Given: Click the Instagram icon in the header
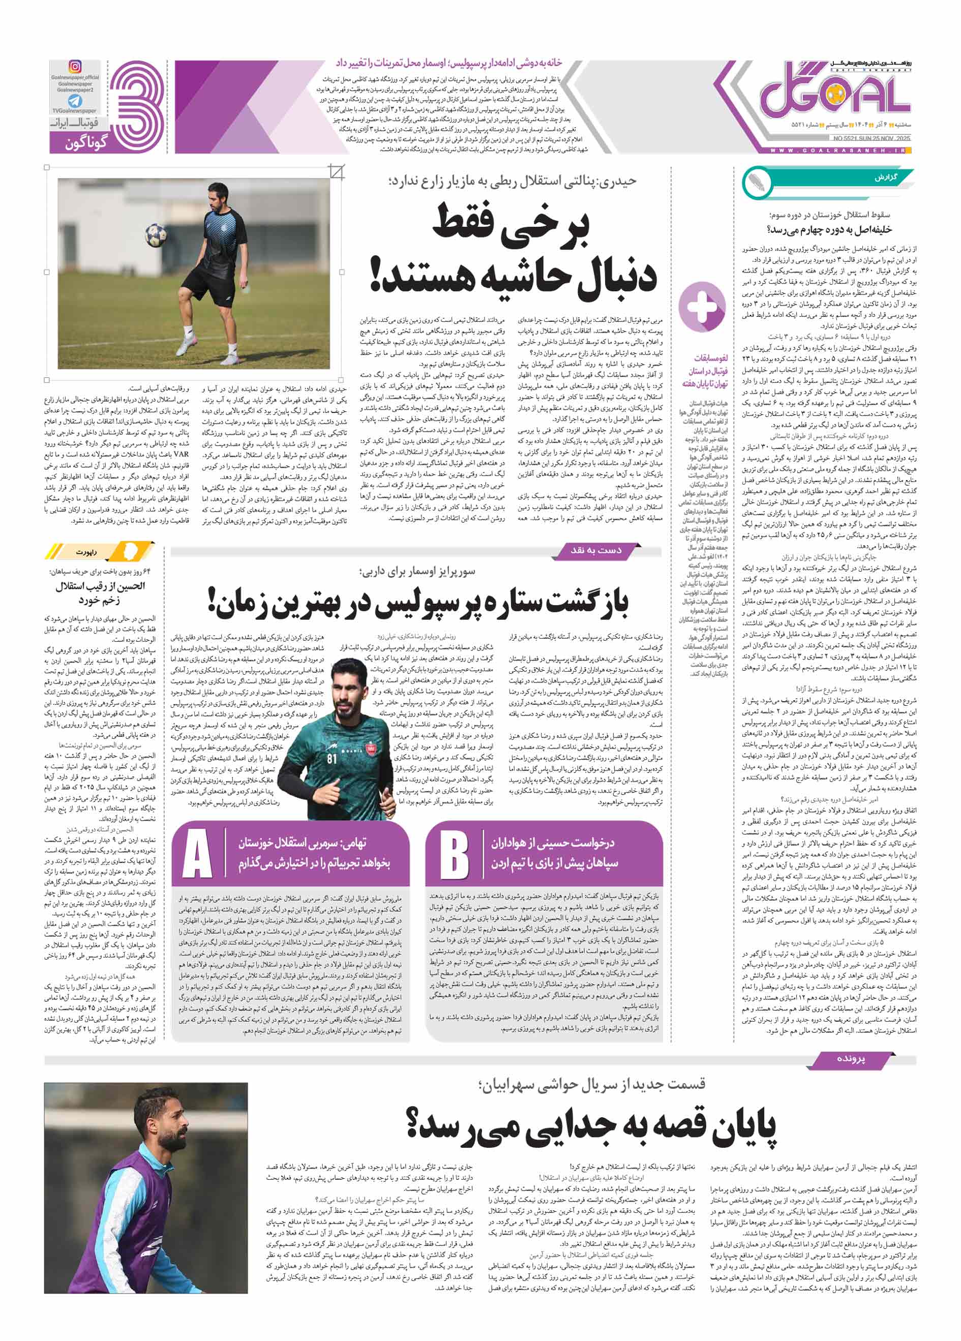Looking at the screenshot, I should (75, 67).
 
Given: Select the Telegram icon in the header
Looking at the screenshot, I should (75, 102).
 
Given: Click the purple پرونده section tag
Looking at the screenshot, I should (850, 1059).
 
